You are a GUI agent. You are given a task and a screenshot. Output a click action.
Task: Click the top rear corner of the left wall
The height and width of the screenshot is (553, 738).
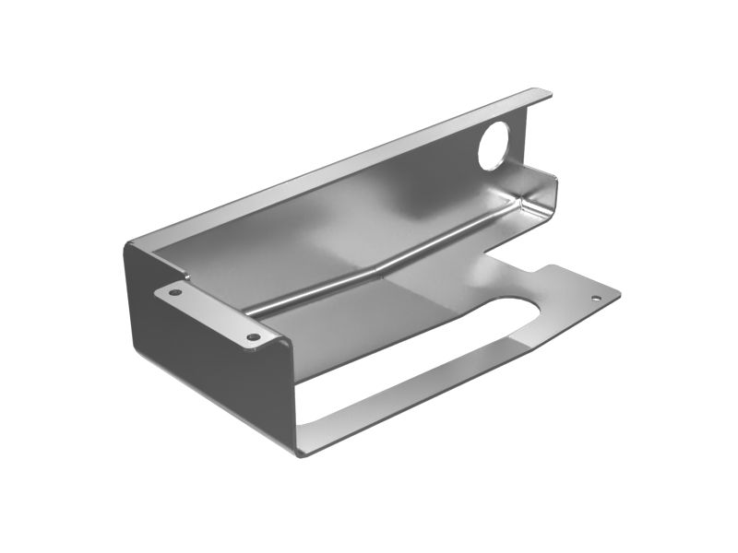[x=130, y=241]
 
